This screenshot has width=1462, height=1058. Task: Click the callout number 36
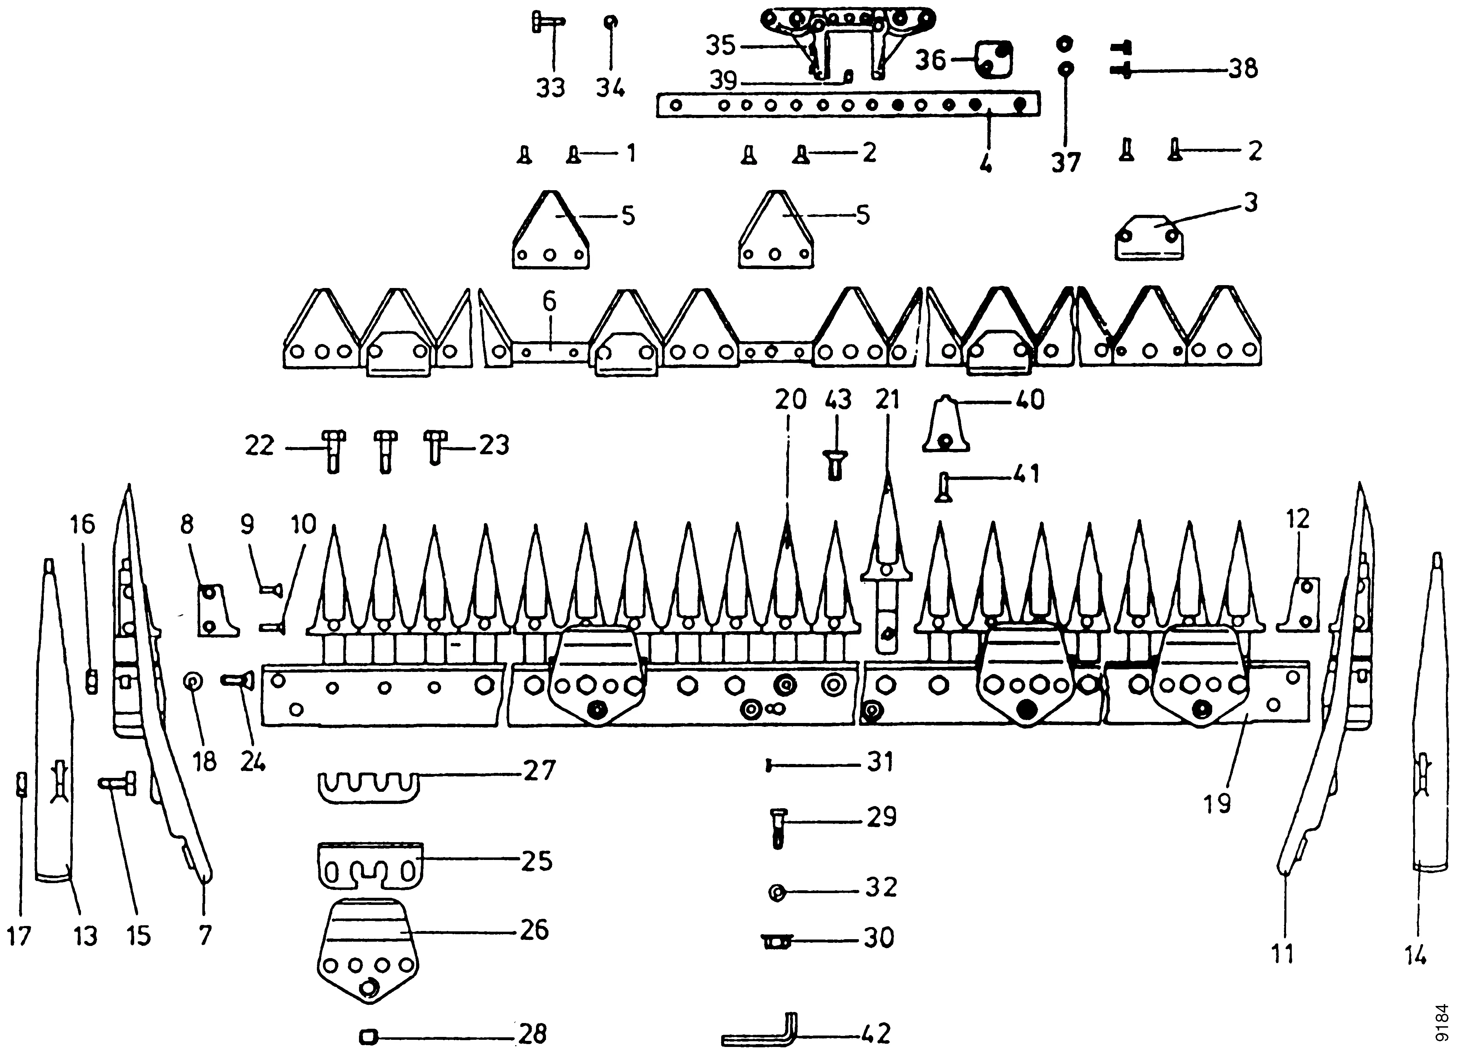931,61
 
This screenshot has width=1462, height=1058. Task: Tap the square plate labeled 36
993,59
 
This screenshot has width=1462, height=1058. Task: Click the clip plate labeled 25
371,864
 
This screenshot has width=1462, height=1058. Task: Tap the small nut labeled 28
368,1037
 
